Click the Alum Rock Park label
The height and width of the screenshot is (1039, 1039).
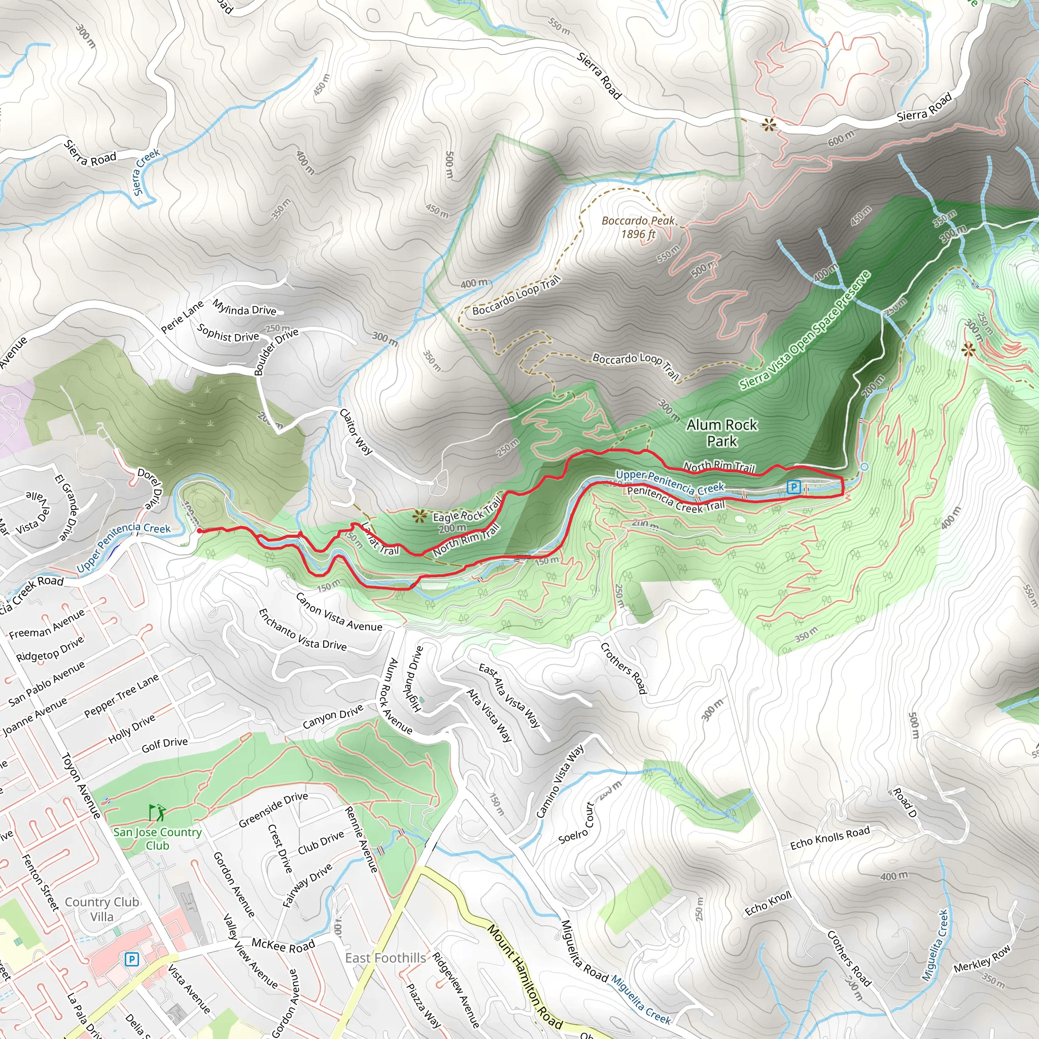[721, 433]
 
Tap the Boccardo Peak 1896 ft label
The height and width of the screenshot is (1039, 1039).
[638, 227]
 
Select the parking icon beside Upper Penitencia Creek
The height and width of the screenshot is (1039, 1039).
[793, 487]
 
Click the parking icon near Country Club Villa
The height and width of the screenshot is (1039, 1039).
[131, 959]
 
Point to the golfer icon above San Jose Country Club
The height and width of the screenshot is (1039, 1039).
[157, 813]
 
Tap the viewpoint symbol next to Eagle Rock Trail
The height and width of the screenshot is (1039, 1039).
[420, 517]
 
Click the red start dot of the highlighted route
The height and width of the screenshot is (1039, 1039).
[199, 531]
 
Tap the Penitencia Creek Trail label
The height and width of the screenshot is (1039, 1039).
[675, 499]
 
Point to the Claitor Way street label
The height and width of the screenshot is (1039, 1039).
[356, 431]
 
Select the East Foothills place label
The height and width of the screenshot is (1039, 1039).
[385, 958]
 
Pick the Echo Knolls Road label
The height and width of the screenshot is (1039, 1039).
[829, 839]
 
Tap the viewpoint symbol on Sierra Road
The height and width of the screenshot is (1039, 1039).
[769, 125]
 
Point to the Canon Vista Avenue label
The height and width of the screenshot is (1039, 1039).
[339, 612]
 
